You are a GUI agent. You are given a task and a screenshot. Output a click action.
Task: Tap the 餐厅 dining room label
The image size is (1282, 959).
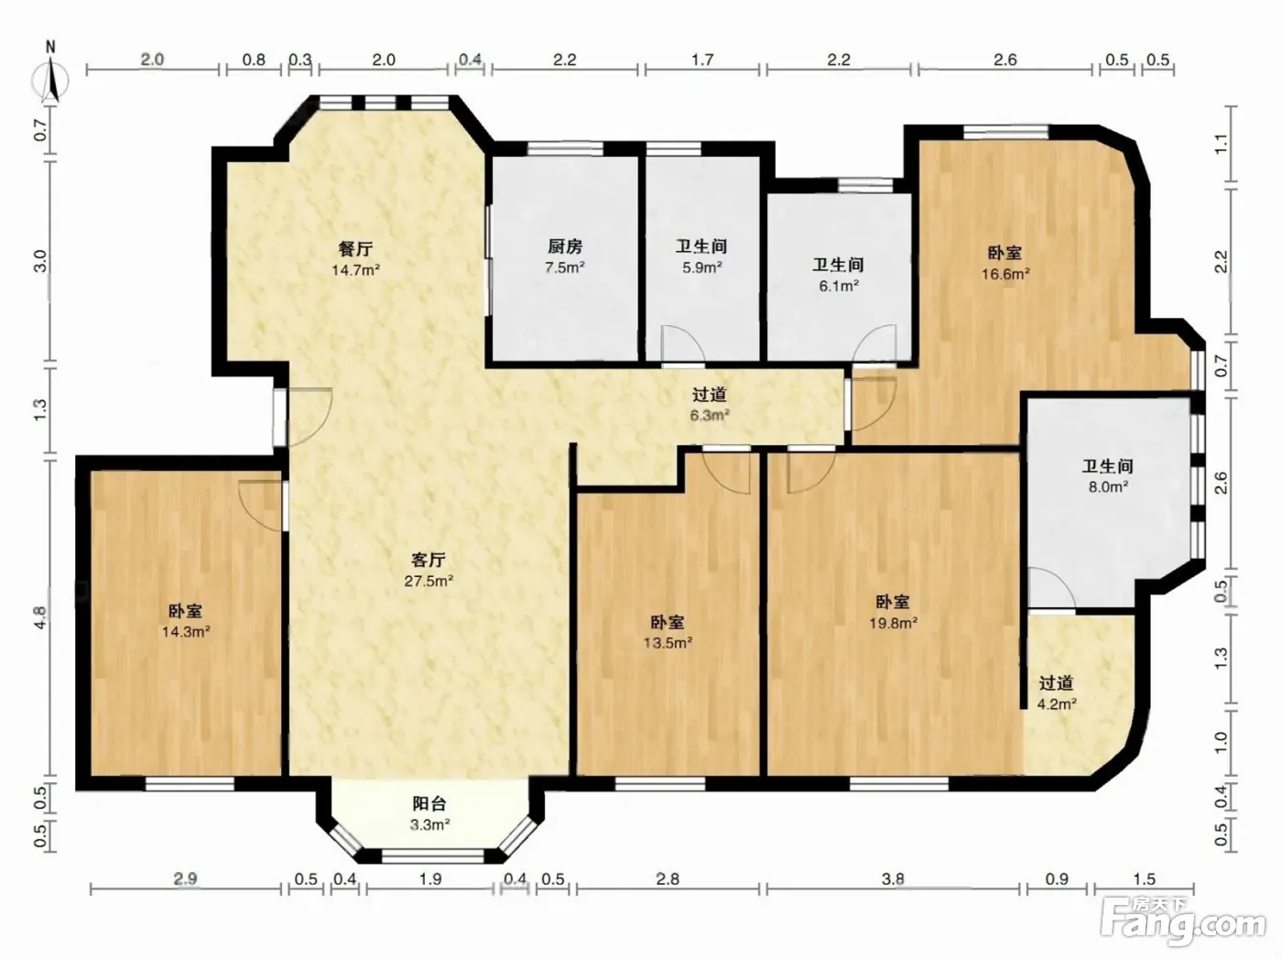(x=355, y=249)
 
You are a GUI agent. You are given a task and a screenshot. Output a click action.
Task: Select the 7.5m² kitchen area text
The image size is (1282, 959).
(x=565, y=268)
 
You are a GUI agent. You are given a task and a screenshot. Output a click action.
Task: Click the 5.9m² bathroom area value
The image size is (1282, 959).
(x=701, y=267)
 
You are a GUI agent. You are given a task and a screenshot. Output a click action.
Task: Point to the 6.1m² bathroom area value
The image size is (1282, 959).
(x=838, y=286)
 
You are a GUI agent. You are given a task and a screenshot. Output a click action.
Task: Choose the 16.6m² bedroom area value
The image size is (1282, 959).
(x=1005, y=274)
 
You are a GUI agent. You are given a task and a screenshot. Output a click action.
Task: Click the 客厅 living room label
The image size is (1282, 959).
(x=429, y=560)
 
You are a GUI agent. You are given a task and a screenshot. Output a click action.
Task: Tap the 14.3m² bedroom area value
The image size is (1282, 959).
(x=186, y=631)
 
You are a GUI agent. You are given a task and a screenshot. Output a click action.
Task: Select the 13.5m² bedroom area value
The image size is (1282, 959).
(x=668, y=643)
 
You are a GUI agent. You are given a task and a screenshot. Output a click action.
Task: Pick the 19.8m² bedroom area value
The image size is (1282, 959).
(x=893, y=623)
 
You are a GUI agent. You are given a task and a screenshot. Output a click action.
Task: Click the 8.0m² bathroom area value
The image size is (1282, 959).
(x=1107, y=486)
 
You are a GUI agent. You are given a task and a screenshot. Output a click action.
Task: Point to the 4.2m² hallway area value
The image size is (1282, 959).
(x=1057, y=703)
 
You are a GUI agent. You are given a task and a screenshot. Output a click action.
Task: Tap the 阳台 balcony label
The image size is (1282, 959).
(x=429, y=804)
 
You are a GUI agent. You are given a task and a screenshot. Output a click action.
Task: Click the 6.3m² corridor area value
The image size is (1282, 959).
(x=710, y=415)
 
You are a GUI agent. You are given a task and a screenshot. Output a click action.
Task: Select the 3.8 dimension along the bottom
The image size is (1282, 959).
(x=893, y=878)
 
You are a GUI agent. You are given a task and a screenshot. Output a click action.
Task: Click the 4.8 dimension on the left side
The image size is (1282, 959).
(x=39, y=617)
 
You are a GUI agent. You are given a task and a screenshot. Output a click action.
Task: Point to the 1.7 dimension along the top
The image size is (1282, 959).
(x=702, y=60)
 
